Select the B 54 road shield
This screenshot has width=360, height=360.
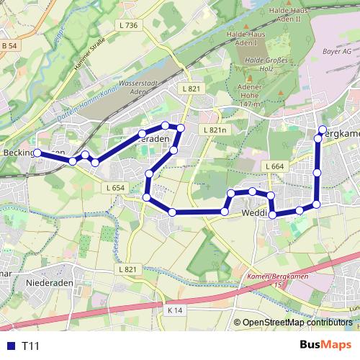coord(9,46)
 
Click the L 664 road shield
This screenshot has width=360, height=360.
coord(274,167)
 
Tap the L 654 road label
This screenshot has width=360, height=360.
coord(115,188)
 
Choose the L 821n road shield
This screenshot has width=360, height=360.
coord(215,130)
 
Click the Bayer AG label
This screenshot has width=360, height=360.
coord(336,53)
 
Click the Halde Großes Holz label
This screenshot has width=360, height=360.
coord(266,66)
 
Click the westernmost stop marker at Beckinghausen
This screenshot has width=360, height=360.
coord(37,153)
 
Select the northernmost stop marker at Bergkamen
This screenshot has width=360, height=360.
coord(322,130)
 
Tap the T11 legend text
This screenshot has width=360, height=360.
coord(30,346)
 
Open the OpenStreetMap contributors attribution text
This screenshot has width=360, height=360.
coord(297,323)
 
